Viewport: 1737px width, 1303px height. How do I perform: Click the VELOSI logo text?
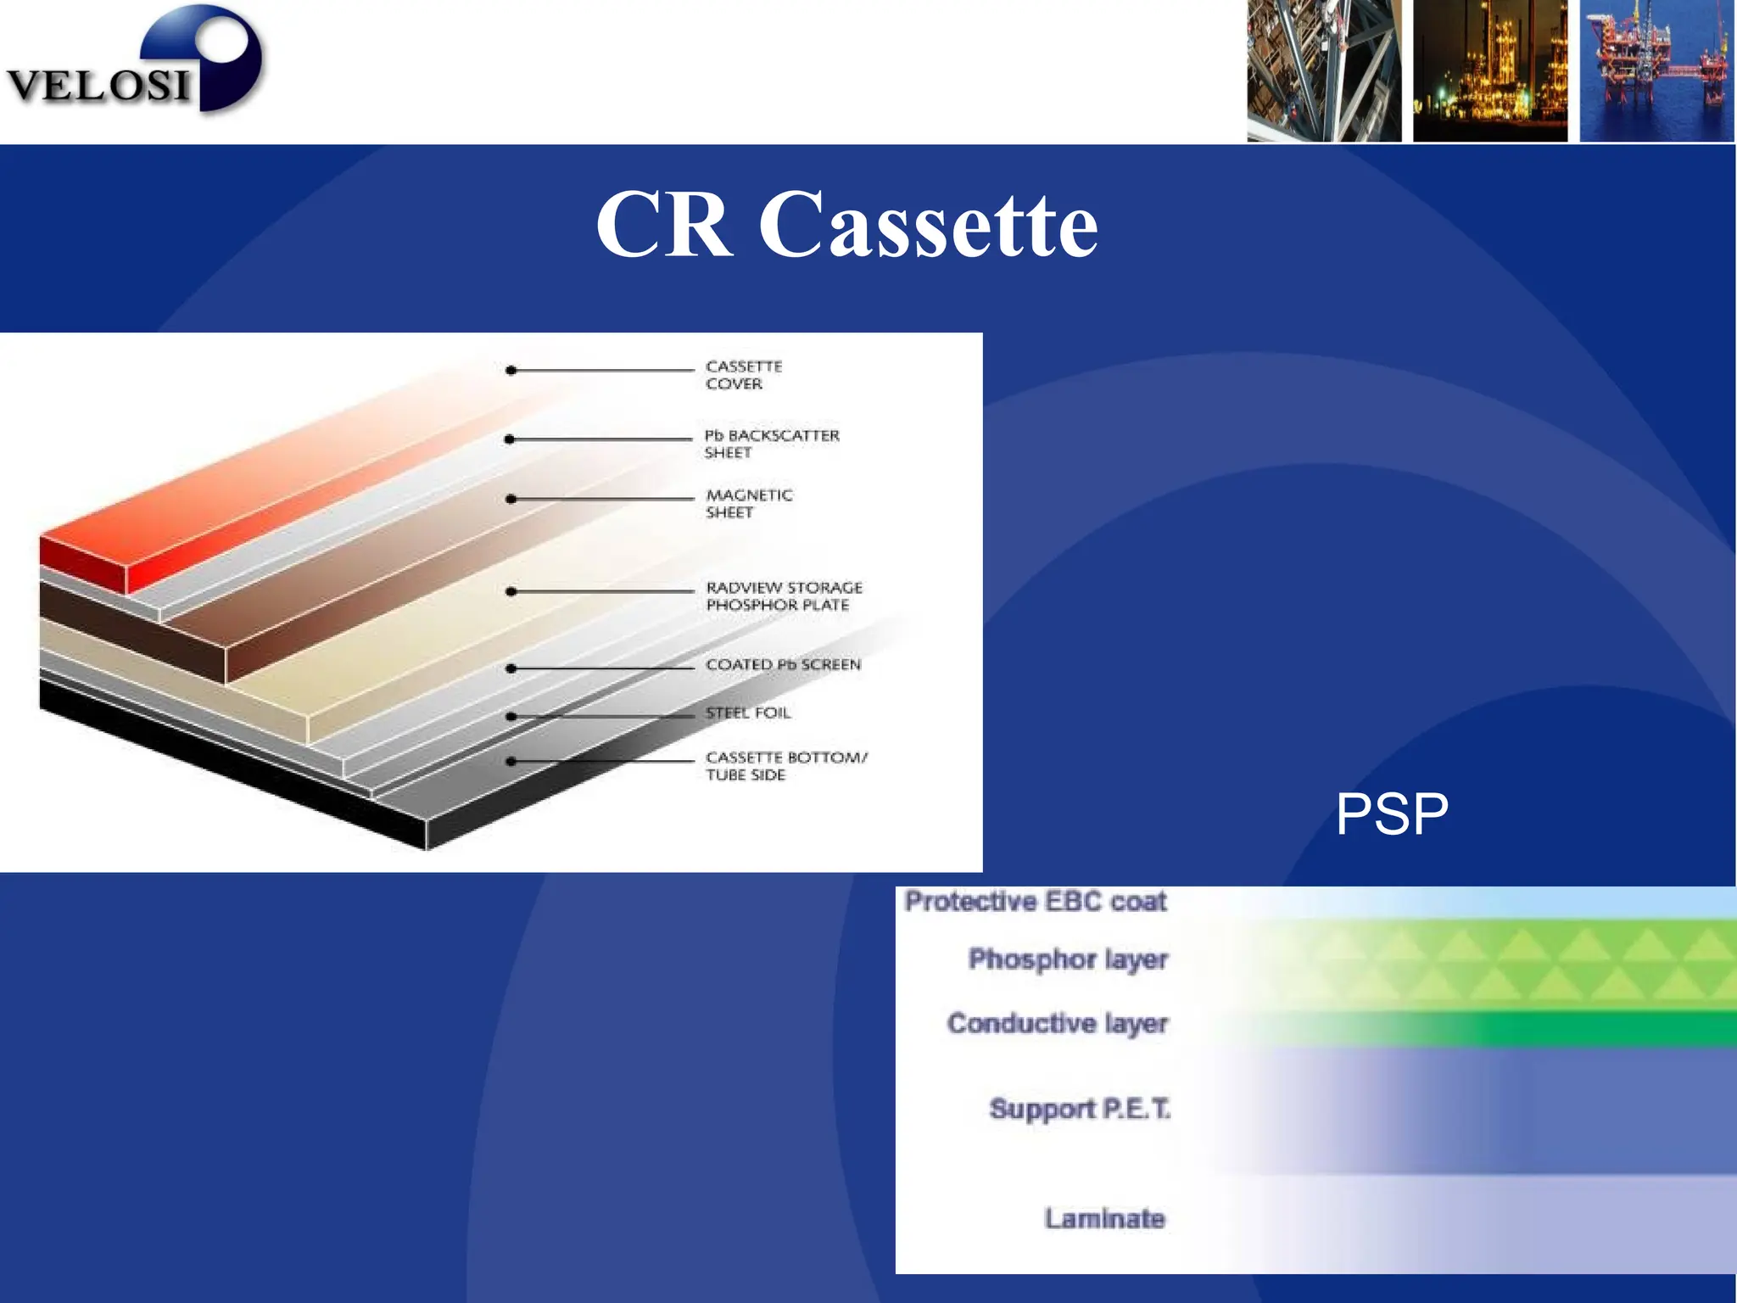(98, 86)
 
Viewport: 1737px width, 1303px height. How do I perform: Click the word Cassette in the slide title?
(928, 225)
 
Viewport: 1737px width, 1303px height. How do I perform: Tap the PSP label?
(1392, 814)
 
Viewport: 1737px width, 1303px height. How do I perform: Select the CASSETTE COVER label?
(743, 375)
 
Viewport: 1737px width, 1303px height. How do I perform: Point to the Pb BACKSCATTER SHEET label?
(770, 444)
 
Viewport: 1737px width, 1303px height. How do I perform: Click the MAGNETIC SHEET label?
(748, 503)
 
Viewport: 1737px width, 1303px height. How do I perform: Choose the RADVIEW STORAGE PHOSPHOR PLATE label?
(783, 596)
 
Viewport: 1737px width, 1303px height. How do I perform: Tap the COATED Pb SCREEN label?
(782, 664)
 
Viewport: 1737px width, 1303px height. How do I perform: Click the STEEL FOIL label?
(747, 713)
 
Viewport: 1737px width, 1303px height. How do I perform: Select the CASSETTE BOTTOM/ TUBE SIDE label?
(785, 765)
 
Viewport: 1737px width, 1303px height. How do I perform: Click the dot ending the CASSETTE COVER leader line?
(511, 371)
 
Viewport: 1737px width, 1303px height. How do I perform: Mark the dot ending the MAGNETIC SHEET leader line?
(511, 499)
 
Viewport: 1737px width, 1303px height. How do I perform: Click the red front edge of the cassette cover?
(82, 563)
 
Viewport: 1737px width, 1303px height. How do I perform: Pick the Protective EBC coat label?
(1036, 901)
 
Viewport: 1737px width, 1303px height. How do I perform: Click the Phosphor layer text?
(1068, 959)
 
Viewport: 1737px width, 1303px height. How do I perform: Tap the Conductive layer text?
(1057, 1024)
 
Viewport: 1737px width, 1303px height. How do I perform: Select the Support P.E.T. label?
(1079, 1109)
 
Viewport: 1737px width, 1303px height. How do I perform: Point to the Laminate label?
(1104, 1218)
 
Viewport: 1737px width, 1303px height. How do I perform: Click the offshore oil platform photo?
(1656, 70)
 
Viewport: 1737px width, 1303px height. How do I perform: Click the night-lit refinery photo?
(1490, 70)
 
